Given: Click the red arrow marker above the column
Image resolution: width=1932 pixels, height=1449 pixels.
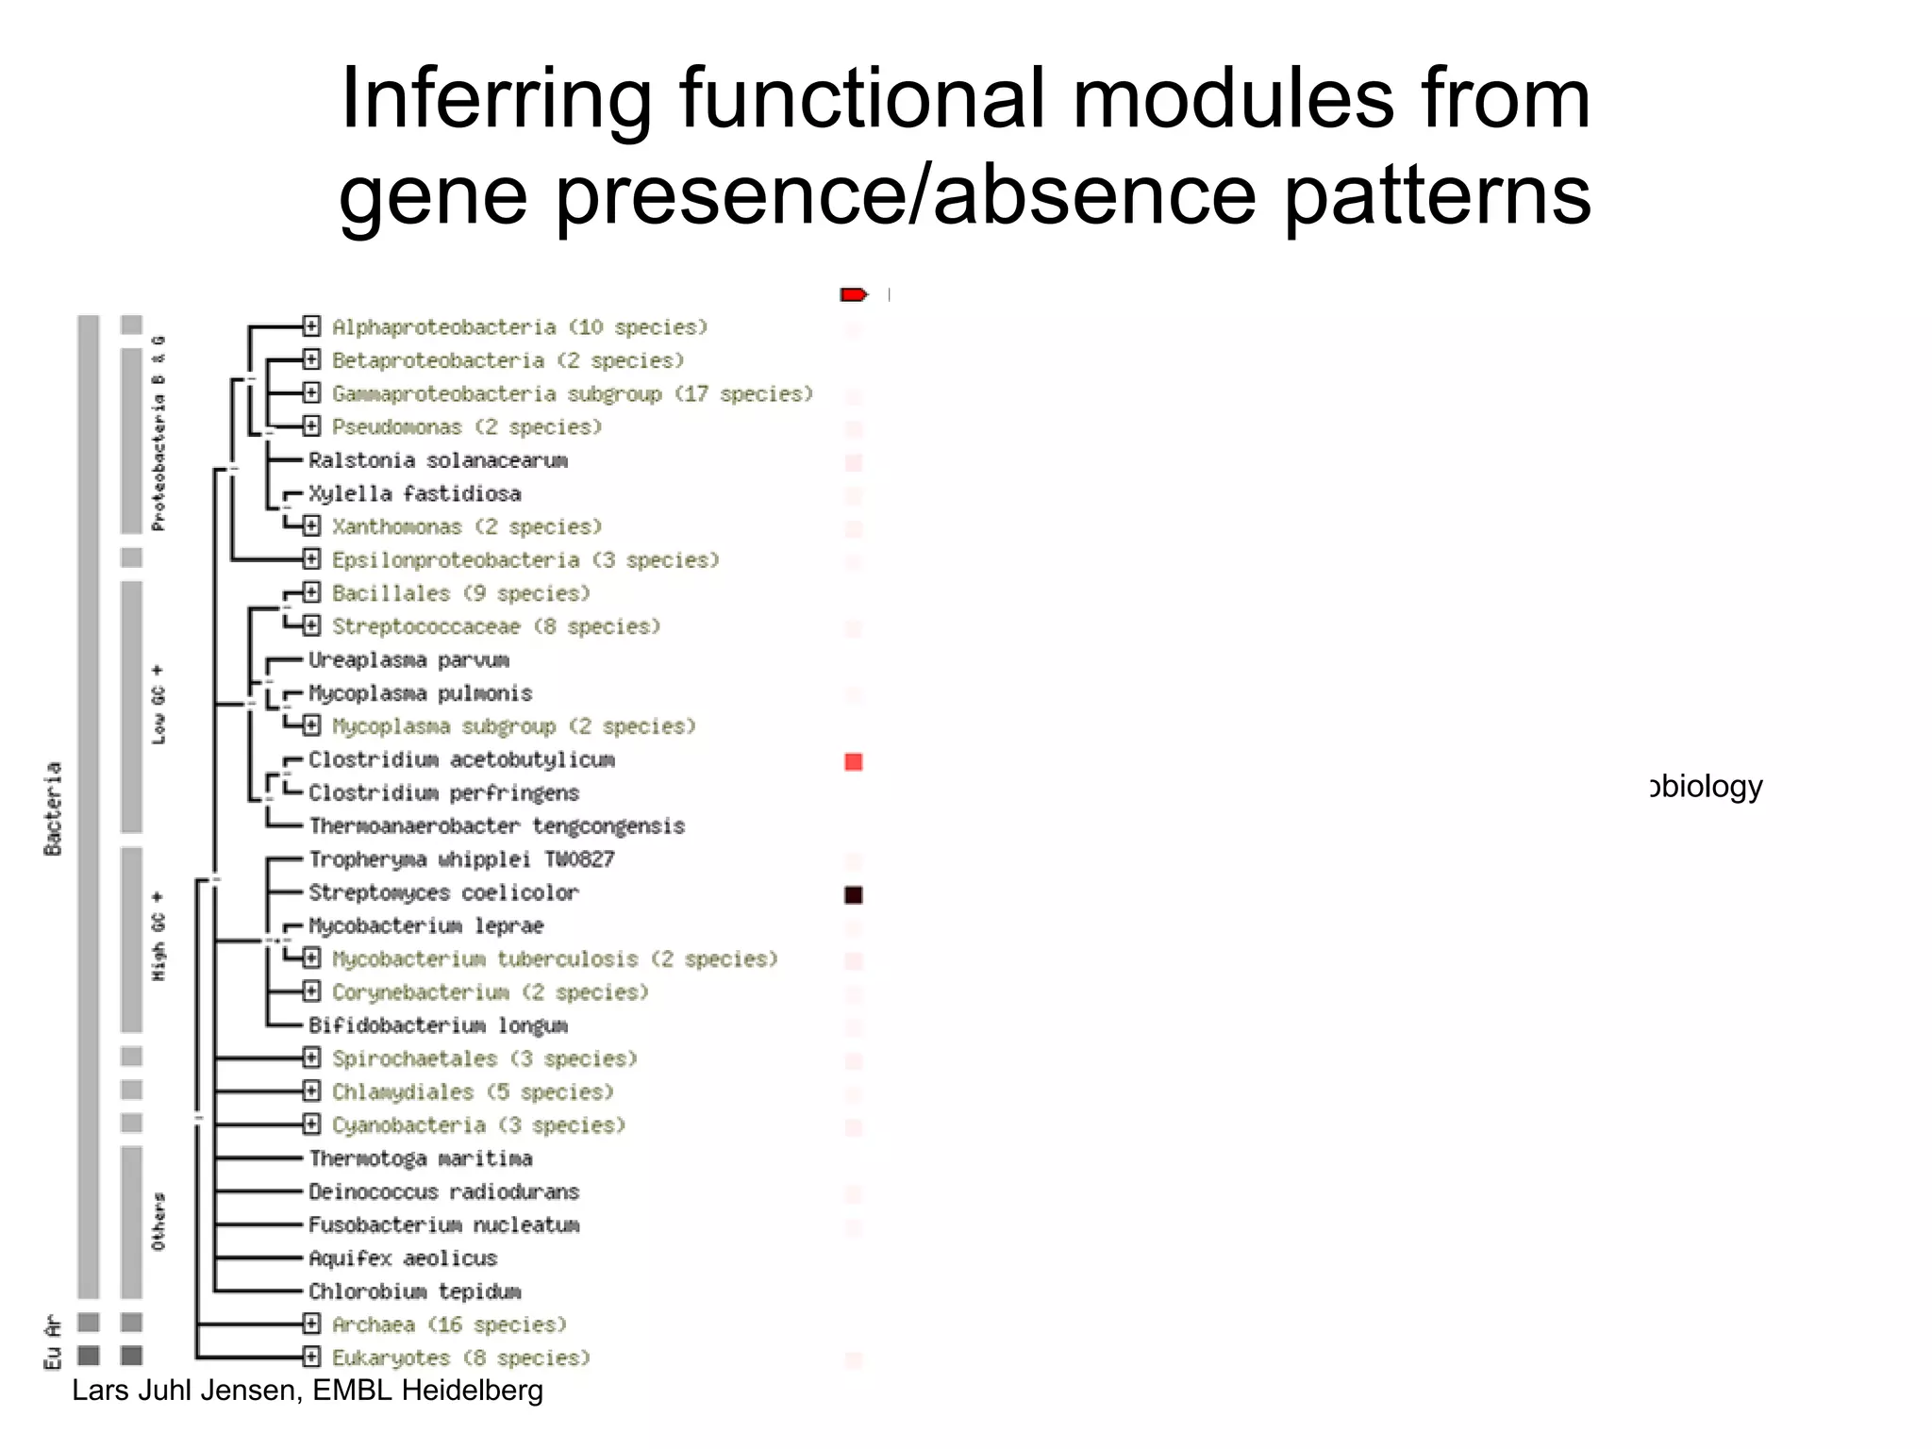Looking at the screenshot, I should coord(853,295).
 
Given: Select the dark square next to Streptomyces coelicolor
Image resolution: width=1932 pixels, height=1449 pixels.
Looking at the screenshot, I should coord(854,894).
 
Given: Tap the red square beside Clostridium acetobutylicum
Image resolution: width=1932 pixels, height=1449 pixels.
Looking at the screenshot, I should coord(854,761).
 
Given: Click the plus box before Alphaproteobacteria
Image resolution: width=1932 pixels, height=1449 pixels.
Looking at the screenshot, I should coord(312,326).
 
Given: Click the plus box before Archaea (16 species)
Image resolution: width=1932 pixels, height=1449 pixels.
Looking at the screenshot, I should coord(312,1324).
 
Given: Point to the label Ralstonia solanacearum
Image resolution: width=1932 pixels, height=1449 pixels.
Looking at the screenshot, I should coord(438,460).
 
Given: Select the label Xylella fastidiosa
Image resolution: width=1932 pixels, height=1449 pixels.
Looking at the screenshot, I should coord(415,493).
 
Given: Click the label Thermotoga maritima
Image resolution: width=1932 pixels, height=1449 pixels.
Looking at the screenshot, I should coord(421,1158).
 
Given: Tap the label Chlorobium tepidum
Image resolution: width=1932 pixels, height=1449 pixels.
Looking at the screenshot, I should coord(415,1291).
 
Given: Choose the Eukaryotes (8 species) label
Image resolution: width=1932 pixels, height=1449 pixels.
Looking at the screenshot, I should coord(460,1357).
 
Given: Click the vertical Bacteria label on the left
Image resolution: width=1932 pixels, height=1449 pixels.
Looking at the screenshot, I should coord(53,808).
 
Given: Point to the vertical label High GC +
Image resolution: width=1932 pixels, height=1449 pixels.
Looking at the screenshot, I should coord(158,935).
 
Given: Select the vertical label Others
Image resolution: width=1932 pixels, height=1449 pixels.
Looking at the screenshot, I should coord(158,1222).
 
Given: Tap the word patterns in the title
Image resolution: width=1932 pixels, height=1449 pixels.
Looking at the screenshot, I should coord(1438,195).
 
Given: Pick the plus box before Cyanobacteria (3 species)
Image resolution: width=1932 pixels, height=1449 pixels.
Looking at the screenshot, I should coord(312,1124).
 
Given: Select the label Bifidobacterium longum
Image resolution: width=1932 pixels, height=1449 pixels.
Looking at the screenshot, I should coord(438,1024).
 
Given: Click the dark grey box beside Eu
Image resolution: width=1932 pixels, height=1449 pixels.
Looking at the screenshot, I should coord(89,1356).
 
